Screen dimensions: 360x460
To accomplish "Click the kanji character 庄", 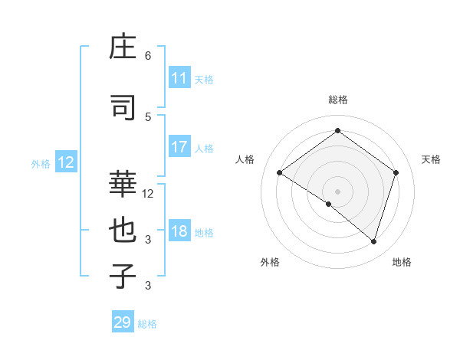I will click(123, 50).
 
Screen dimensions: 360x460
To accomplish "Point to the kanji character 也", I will click(123, 231).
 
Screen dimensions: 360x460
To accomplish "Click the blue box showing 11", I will click(179, 78).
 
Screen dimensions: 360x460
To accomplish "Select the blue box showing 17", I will click(179, 147).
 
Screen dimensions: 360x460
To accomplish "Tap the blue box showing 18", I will click(179, 232).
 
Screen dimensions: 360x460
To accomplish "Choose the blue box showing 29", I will click(123, 322).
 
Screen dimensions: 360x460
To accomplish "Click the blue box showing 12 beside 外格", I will click(65, 162).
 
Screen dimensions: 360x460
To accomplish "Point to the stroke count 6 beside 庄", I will click(148, 56).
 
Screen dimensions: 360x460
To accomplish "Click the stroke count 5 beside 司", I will click(148, 116).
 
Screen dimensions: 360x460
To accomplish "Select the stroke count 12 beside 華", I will click(148, 194).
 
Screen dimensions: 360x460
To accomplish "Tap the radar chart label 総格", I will click(337, 100).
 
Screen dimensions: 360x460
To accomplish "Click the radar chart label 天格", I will click(431, 159).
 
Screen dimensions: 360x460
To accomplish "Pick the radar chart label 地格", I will click(402, 262).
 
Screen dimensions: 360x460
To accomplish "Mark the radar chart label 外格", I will click(270, 262).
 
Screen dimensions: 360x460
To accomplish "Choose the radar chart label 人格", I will click(245, 159).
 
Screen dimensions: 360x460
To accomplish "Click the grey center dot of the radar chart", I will click(337, 191).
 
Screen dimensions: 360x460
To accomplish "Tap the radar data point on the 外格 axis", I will click(329, 205).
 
